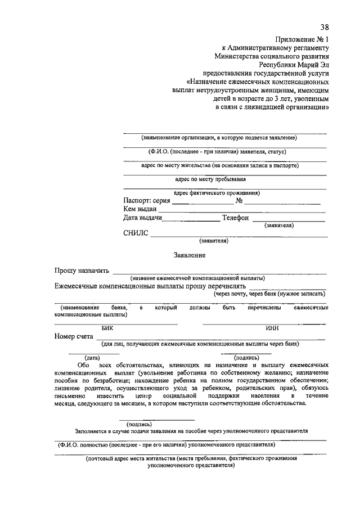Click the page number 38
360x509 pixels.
[324, 27]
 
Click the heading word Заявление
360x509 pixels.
[190, 255]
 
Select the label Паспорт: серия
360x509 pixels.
[146, 201]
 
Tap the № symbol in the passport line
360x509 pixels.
[239, 201]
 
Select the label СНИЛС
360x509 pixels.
[136, 233]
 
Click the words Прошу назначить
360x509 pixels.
[82, 271]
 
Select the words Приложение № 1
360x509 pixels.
[301, 39]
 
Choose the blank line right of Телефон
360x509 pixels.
[288, 220]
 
